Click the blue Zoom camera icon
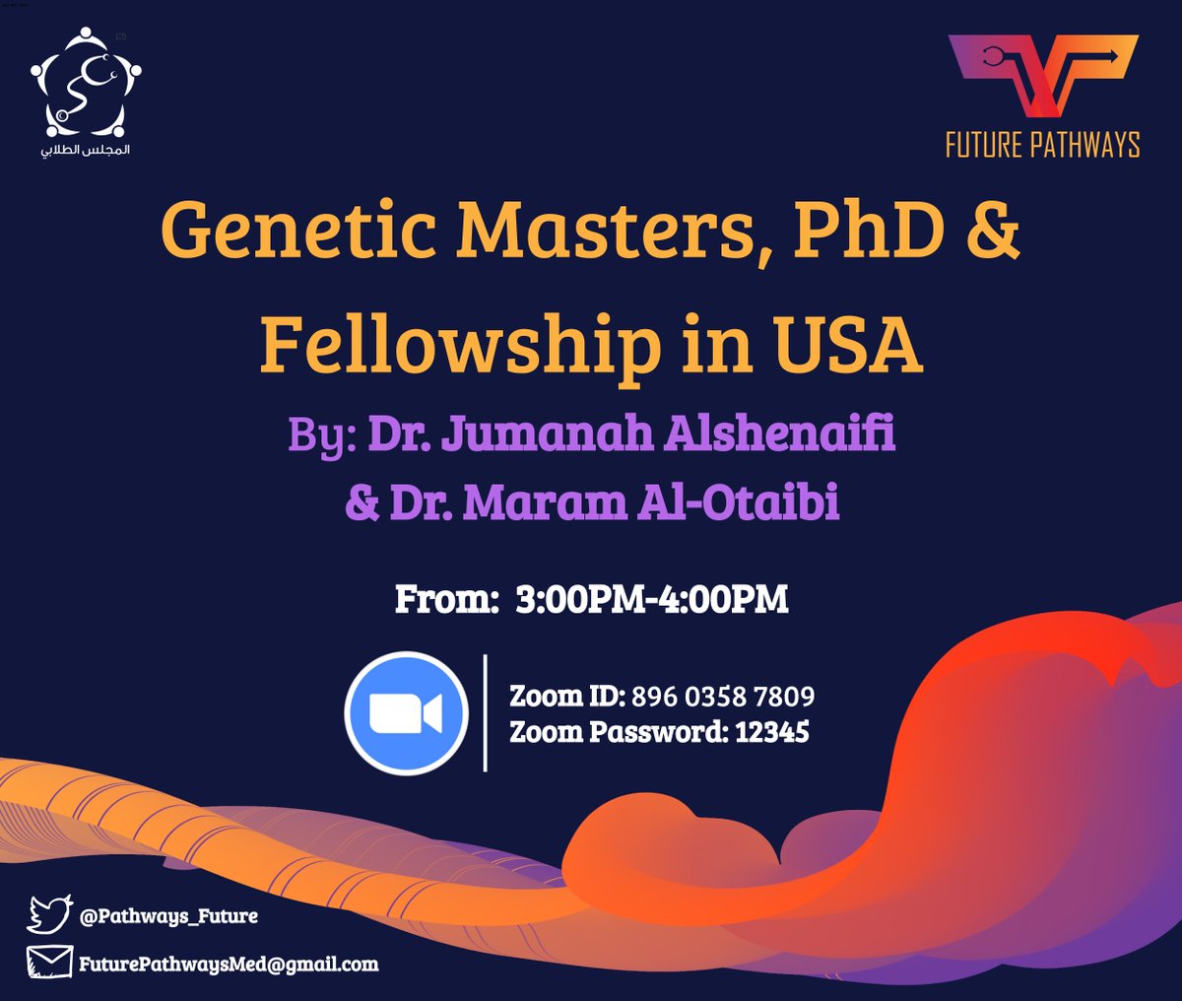(x=407, y=712)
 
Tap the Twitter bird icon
(x=49, y=914)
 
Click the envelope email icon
(x=49, y=963)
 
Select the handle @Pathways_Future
(x=168, y=915)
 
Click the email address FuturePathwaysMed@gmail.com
(x=229, y=964)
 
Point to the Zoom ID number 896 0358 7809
(x=723, y=697)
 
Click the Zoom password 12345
(x=772, y=732)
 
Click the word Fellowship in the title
(x=460, y=344)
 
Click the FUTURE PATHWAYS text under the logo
(x=1042, y=145)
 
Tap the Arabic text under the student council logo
(x=86, y=151)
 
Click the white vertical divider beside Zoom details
(x=486, y=712)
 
